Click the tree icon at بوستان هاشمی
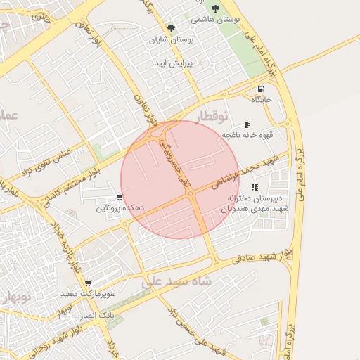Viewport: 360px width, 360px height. tap(214, 8)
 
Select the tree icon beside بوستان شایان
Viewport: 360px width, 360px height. tap(170, 28)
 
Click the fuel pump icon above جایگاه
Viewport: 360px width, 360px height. tap(262, 89)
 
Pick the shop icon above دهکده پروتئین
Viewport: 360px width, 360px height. tap(121, 198)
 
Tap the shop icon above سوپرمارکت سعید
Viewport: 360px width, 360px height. tap(88, 283)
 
